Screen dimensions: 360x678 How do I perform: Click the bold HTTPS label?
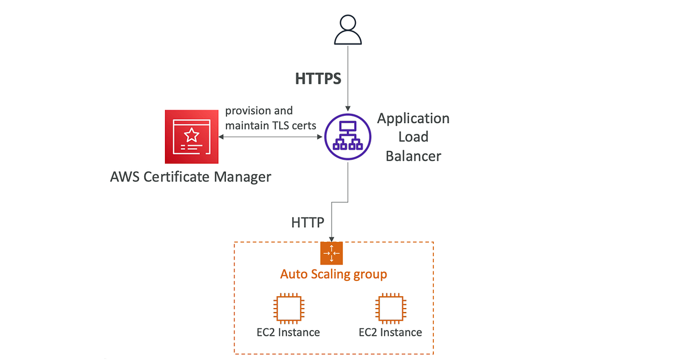click(318, 79)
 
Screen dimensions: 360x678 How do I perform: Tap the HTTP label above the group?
click(308, 223)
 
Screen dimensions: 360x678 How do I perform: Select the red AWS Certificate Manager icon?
click(192, 136)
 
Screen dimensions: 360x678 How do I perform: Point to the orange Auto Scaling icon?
click(332, 253)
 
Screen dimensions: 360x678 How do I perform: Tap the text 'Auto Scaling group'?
click(333, 275)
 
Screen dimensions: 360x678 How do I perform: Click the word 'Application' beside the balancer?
click(413, 119)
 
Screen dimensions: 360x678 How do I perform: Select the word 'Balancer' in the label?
click(413, 156)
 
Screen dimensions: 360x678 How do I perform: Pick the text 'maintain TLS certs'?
click(271, 125)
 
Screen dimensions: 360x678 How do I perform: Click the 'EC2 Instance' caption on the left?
click(288, 332)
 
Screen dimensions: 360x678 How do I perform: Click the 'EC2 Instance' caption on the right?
click(390, 332)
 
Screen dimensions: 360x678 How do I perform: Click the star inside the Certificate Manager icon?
click(192, 134)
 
